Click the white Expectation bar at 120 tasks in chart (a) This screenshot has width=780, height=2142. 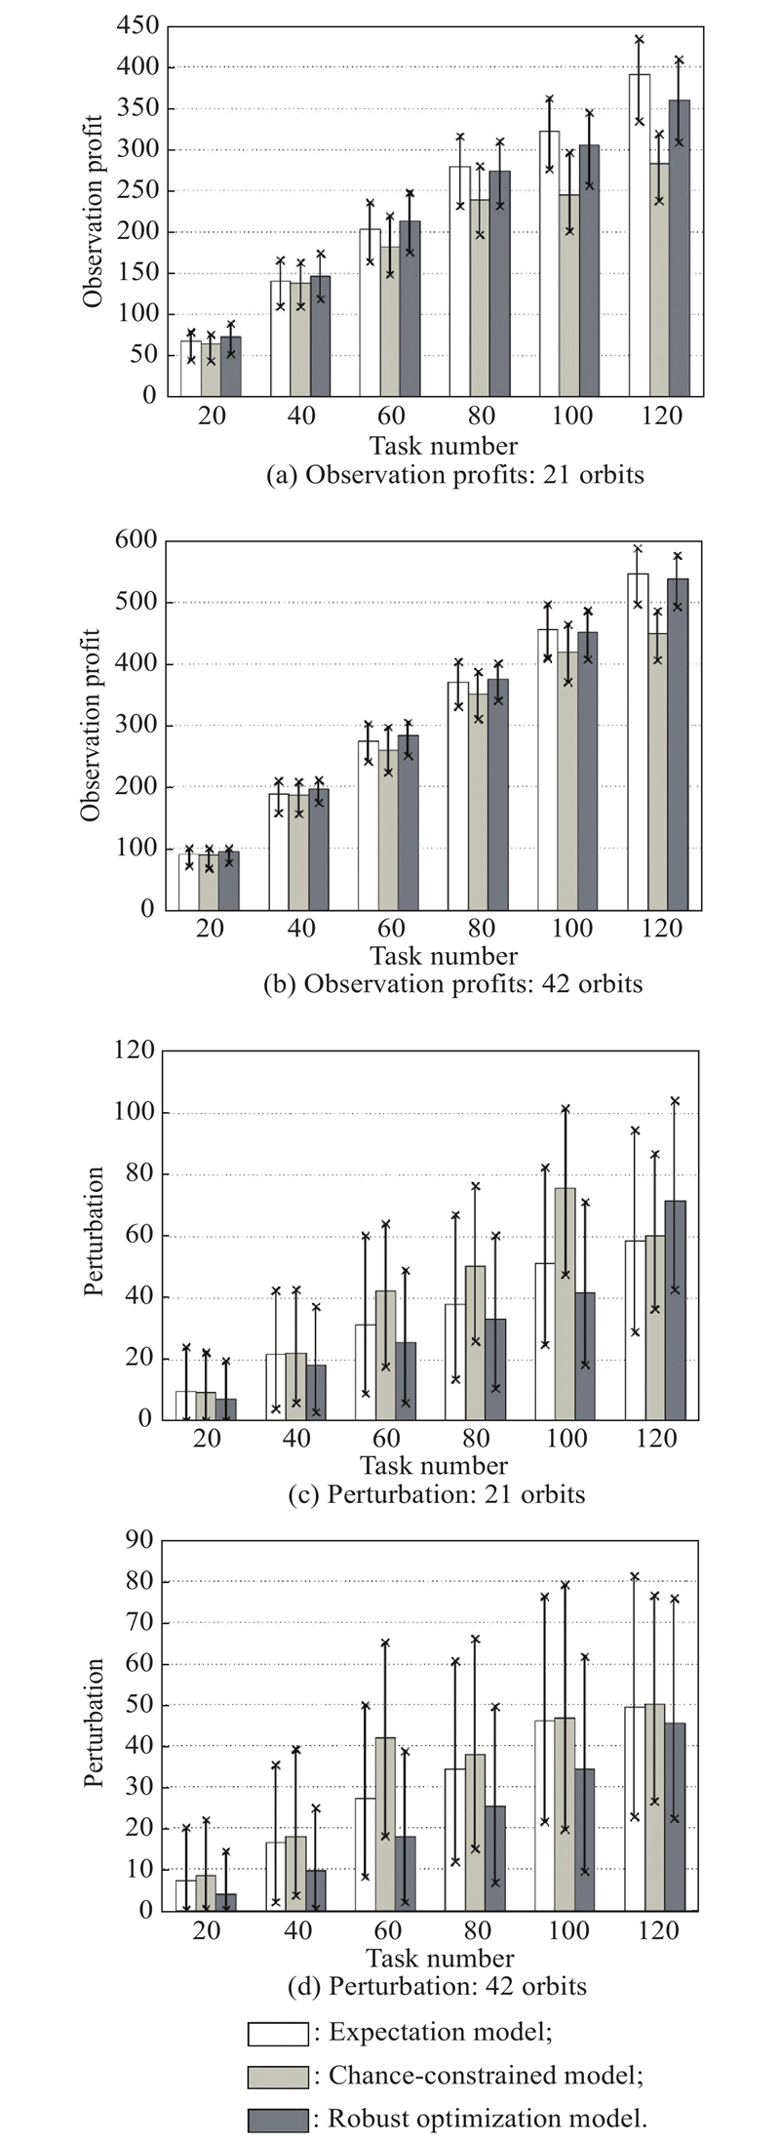click(x=639, y=234)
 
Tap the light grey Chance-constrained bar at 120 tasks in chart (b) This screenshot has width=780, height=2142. click(x=658, y=771)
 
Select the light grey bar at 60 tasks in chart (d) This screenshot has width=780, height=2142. click(x=385, y=1823)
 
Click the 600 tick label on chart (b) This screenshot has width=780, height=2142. click(x=136, y=540)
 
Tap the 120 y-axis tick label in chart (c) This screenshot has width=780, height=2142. click(x=134, y=1051)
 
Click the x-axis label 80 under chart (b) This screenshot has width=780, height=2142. click(x=481, y=928)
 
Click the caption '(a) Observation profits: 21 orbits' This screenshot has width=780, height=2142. click(x=454, y=475)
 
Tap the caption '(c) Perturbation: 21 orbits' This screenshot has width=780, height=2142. click(x=437, y=1494)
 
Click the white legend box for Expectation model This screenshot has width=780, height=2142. click(x=278, y=2033)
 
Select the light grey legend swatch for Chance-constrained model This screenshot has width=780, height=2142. click(x=278, y=2077)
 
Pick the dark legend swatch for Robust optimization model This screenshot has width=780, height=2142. click(x=278, y=2120)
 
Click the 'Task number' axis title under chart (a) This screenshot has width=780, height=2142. click(x=444, y=447)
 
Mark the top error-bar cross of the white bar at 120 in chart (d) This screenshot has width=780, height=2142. click(x=635, y=1576)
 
